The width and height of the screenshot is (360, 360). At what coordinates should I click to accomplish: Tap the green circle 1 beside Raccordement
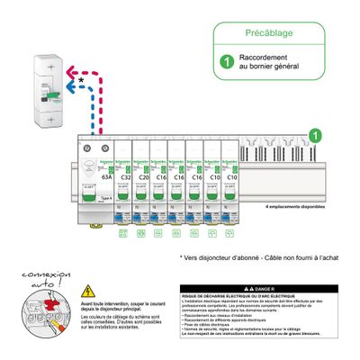228,64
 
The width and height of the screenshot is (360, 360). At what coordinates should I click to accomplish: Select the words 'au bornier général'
269,70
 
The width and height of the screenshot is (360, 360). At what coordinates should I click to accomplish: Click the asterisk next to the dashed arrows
82,81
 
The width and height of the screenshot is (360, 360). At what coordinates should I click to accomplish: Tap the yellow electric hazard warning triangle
88,291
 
